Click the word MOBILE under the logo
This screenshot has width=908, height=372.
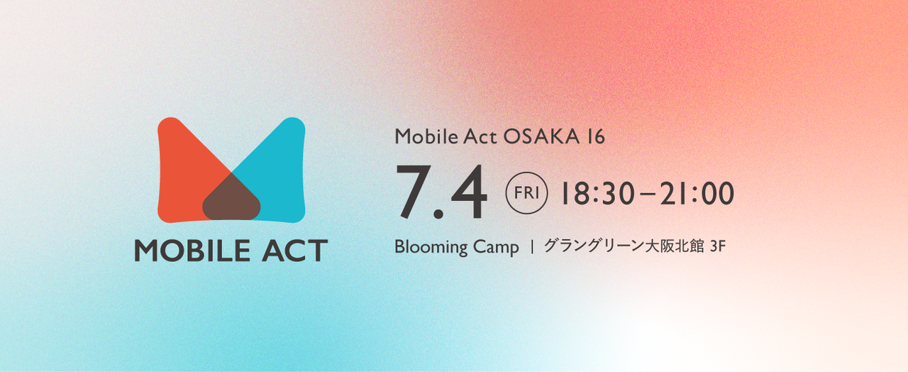coord(192,251)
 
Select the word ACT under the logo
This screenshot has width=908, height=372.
coord(294,251)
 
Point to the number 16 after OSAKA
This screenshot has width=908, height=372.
coord(595,137)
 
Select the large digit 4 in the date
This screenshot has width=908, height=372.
coord(469,192)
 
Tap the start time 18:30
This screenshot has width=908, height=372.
coord(597,193)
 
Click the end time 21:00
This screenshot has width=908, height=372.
coord(697,193)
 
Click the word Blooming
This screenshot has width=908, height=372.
coord(431,247)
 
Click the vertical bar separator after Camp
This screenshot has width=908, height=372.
coord(532,246)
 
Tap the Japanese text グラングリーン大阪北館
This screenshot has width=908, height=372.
coord(624,246)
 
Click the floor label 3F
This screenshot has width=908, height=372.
coord(717,246)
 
